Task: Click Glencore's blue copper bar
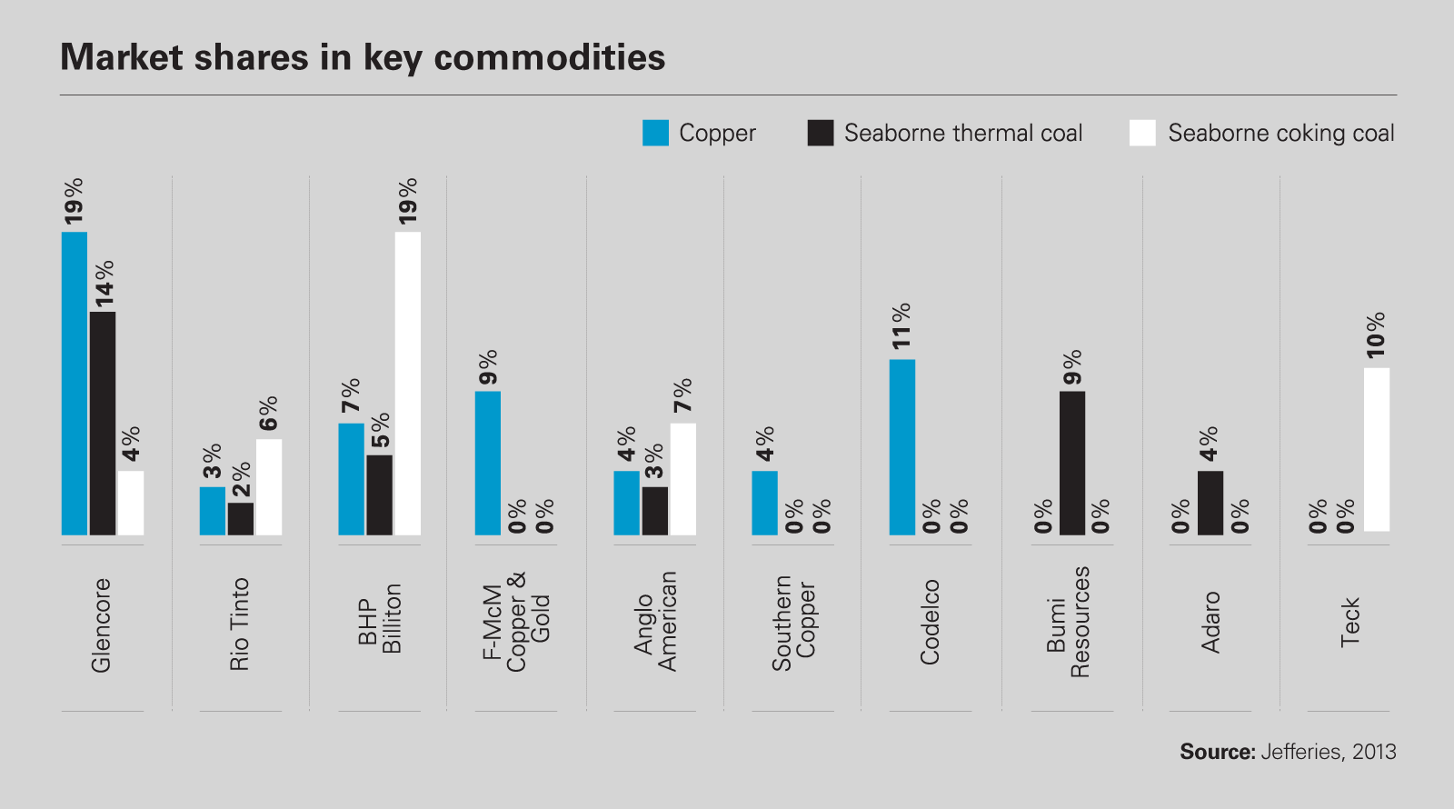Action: pyautogui.click(x=75, y=383)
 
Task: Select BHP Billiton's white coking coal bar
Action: pyautogui.click(x=407, y=383)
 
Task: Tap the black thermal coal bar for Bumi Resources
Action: pyautogui.click(x=1072, y=463)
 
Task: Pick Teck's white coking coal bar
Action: pyautogui.click(x=1377, y=449)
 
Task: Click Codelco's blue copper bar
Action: pyautogui.click(x=902, y=446)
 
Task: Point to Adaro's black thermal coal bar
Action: pyautogui.click(x=1210, y=503)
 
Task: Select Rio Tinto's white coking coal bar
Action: pyautogui.click(x=269, y=487)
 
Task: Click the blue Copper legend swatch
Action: pyautogui.click(x=655, y=133)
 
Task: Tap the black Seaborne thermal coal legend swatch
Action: pyautogui.click(x=821, y=133)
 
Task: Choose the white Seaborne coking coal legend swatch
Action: pyautogui.click(x=1142, y=133)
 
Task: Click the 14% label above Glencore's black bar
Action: pyautogui.click(x=104, y=283)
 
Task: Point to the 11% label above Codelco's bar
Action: pyautogui.click(x=901, y=326)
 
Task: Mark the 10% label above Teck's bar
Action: pyautogui.click(x=1376, y=335)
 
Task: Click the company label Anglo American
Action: pyautogui.click(x=655, y=622)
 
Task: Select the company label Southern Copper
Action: pyautogui.click(x=793, y=624)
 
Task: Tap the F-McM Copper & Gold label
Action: pyautogui.click(x=516, y=623)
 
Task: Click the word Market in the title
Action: pyautogui.click(x=122, y=57)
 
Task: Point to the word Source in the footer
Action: pyautogui.click(x=1216, y=752)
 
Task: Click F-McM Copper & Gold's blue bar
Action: pyautogui.click(x=488, y=463)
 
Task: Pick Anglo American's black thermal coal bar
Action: pyautogui.click(x=655, y=511)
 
